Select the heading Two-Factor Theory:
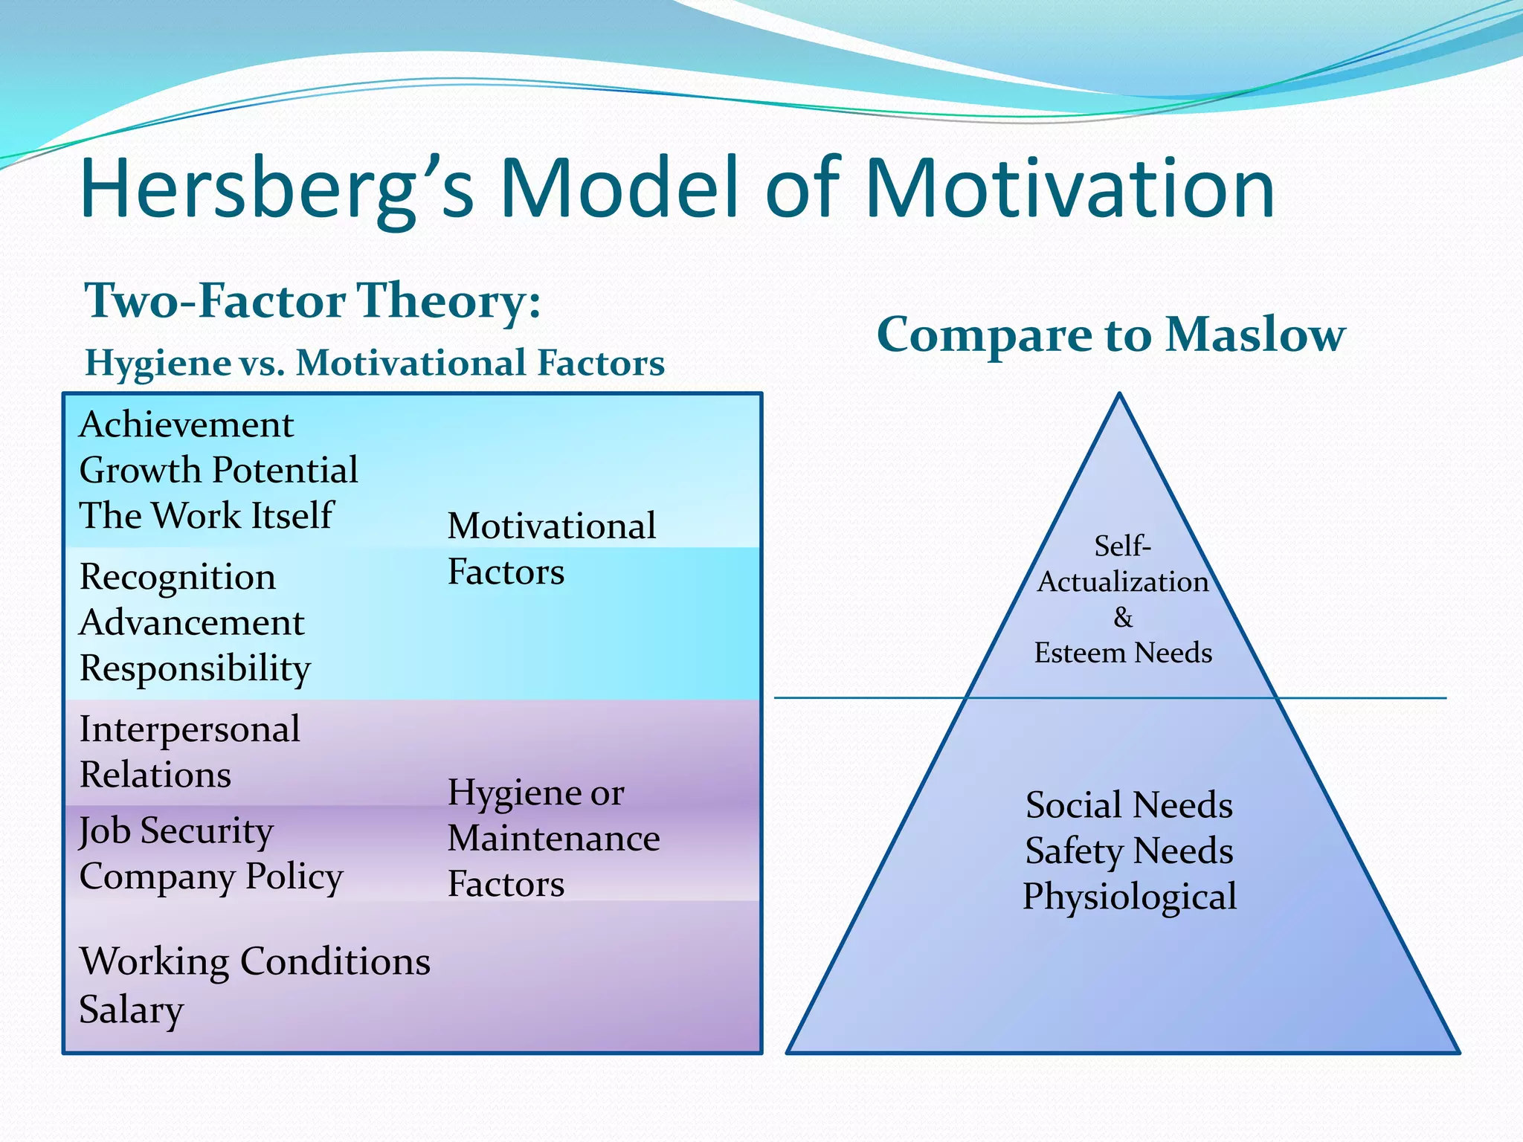[312, 301]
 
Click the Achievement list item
[186, 425]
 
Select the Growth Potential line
[219, 471]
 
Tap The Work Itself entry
[206, 516]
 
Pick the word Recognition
[177, 578]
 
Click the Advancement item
[191, 623]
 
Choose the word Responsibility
[195, 669]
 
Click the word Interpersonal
[190, 729]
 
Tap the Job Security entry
[176, 831]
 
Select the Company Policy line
[211, 877]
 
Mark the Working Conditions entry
[254, 962]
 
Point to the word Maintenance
[553, 839]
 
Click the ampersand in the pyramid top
[1123, 618]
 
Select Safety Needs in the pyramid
[1129, 851]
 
